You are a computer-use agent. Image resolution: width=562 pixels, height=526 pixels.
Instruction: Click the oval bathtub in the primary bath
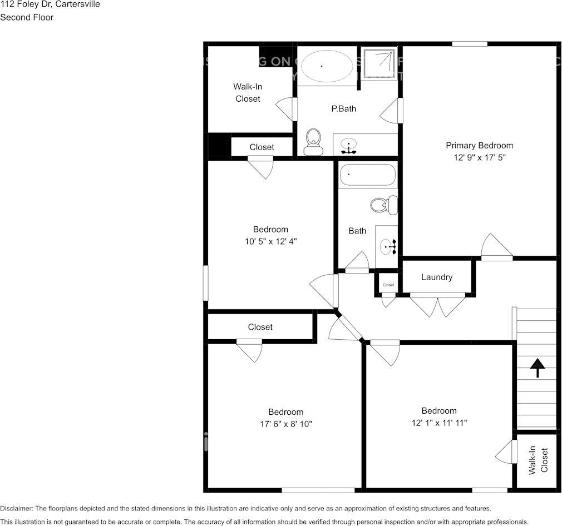click(326, 66)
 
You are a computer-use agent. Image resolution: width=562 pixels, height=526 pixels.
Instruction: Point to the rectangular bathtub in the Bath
click(367, 175)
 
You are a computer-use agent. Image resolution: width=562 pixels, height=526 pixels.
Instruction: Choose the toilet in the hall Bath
click(384, 205)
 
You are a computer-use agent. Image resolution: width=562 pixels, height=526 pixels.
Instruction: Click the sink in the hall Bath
click(387, 245)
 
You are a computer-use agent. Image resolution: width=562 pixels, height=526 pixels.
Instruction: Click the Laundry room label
click(437, 277)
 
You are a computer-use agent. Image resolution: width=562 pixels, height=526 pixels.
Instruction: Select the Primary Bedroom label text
click(479, 146)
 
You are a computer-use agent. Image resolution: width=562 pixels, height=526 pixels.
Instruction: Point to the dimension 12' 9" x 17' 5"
click(479, 157)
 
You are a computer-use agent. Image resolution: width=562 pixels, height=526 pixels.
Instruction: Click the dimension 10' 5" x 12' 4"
click(270, 241)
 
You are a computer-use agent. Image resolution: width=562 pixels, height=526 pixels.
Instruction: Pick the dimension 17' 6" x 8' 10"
click(286, 424)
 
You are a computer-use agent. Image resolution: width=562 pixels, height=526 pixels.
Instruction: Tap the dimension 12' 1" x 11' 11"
click(439, 423)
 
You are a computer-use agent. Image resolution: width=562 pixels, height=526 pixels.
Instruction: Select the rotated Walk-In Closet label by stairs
click(538, 460)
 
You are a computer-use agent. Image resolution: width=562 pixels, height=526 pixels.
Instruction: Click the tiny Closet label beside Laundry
click(388, 285)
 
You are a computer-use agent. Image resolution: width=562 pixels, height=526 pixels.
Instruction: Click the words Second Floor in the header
click(27, 17)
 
